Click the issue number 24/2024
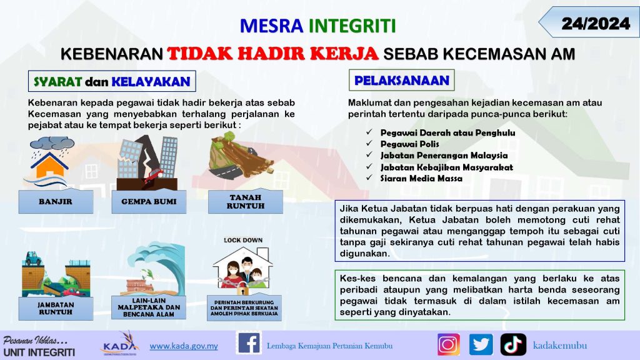click(x=596, y=24)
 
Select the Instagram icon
click(x=449, y=344)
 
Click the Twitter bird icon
click(x=481, y=344)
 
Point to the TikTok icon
click(x=513, y=344)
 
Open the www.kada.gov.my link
click(x=184, y=346)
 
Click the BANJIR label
click(x=56, y=201)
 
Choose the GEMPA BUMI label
click(x=149, y=201)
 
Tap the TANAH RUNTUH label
click(x=245, y=201)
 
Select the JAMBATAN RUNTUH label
click(x=56, y=308)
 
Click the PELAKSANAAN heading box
click(x=402, y=80)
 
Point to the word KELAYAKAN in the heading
click(x=151, y=82)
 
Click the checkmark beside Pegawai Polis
click(x=369, y=143)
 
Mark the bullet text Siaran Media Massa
click(x=421, y=178)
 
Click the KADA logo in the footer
click(x=120, y=344)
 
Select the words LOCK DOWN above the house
click(x=243, y=241)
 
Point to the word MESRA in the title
click(x=271, y=26)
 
